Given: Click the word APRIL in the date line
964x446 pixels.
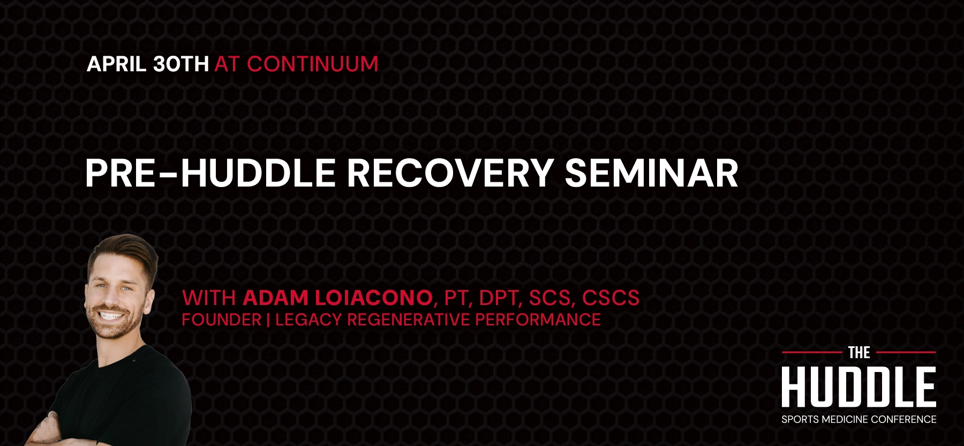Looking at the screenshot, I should click(117, 64).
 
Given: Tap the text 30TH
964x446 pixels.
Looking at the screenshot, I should click(180, 64).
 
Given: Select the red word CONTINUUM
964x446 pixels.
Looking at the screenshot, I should click(312, 64).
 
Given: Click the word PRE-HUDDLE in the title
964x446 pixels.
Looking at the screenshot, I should click(210, 173).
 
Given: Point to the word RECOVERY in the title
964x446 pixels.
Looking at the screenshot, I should click(450, 173).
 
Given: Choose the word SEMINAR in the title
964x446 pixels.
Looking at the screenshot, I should click(651, 173).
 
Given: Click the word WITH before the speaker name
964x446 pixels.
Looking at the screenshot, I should click(209, 298).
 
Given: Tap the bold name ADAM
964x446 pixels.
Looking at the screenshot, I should click(275, 298).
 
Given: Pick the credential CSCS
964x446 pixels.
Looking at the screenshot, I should click(611, 298).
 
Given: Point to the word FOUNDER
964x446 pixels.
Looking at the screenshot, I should click(221, 320).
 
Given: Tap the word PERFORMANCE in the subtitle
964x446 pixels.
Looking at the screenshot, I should click(538, 320).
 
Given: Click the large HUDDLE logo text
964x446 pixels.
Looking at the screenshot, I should click(858, 387).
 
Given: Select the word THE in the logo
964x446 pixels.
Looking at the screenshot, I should click(859, 353).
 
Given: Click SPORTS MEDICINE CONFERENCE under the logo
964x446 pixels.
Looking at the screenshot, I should click(858, 420).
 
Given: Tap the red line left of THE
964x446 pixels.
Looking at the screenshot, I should click(811, 352).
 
